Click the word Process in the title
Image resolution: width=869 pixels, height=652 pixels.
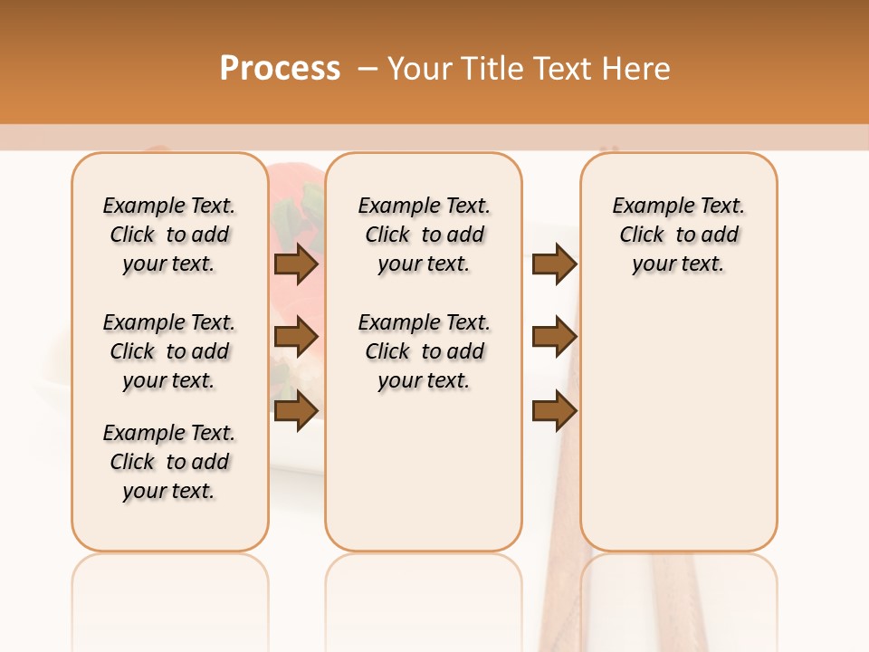point(280,69)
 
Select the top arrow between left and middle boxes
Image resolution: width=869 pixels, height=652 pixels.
point(295,264)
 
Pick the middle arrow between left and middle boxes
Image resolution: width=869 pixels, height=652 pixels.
point(295,337)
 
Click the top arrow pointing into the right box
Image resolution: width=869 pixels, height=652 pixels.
point(554,264)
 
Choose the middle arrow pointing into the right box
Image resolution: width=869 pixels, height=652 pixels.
point(554,337)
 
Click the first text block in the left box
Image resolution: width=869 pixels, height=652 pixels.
point(169,235)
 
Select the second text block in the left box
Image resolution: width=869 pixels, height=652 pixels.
point(169,351)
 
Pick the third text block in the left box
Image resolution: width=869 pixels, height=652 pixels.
point(169,462)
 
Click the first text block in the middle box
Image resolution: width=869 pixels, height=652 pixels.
point(424,235)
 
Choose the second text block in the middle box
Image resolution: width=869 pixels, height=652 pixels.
point(424,351)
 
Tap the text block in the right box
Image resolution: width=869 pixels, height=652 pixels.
point(678,235)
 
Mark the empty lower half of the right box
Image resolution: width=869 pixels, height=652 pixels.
point(678,435)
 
